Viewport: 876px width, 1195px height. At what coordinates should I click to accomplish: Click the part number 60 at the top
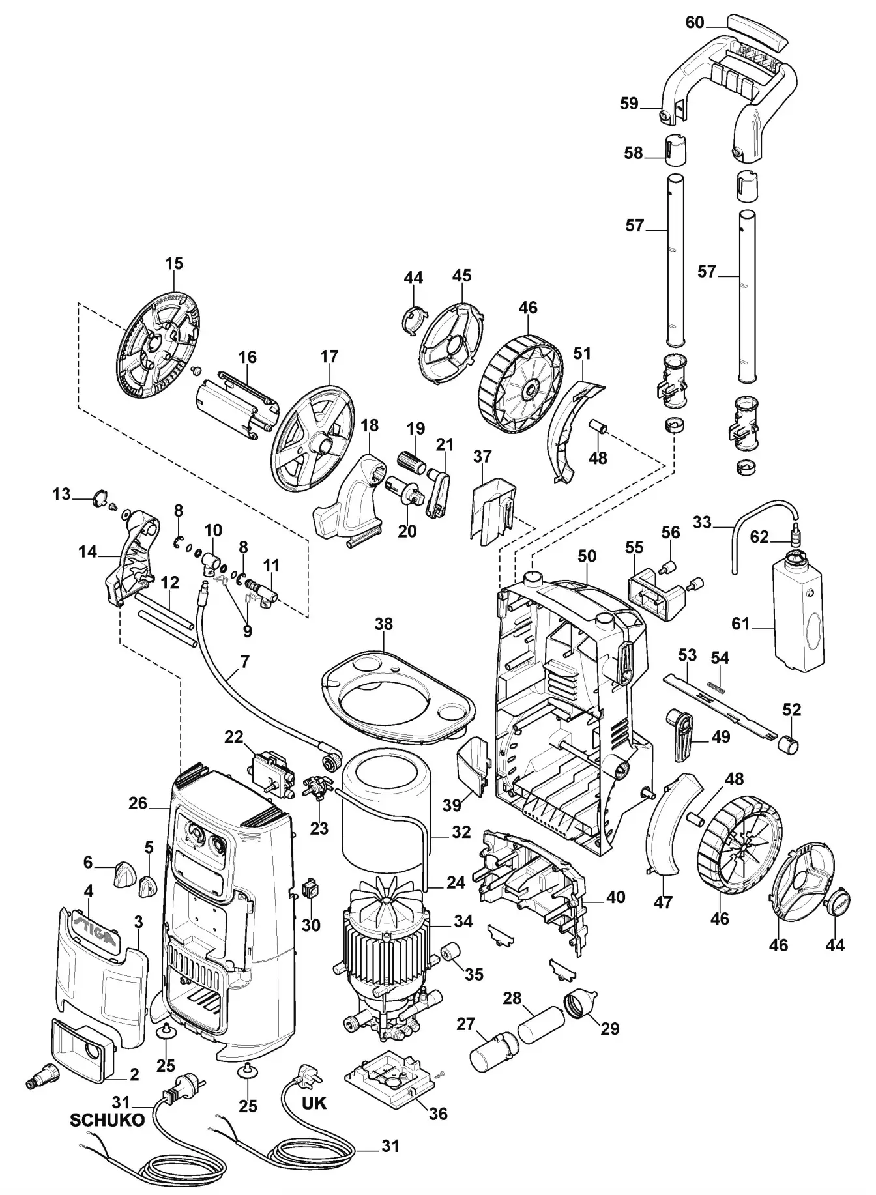click(x=694, y=23)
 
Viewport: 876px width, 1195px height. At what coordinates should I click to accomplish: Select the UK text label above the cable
click(x=314, y=1102)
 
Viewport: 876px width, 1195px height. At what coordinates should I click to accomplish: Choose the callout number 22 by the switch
click(x=233, y=738)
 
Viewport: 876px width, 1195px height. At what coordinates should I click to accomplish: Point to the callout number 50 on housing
click(x=587, y=556)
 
